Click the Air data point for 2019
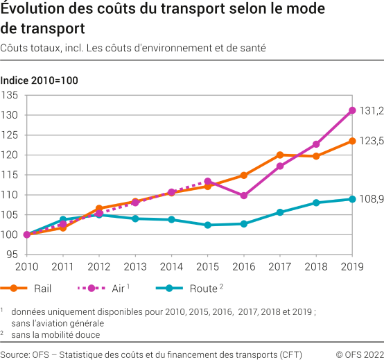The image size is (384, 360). pos(352,110)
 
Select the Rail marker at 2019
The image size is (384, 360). pos(352,141)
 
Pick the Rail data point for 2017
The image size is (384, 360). pos(280,155)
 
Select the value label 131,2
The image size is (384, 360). pos(372,110)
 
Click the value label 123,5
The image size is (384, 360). pos(372,141)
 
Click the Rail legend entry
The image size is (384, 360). pos(28,287)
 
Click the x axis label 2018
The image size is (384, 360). pos(316,267)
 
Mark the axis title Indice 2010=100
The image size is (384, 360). pos(39,80)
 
